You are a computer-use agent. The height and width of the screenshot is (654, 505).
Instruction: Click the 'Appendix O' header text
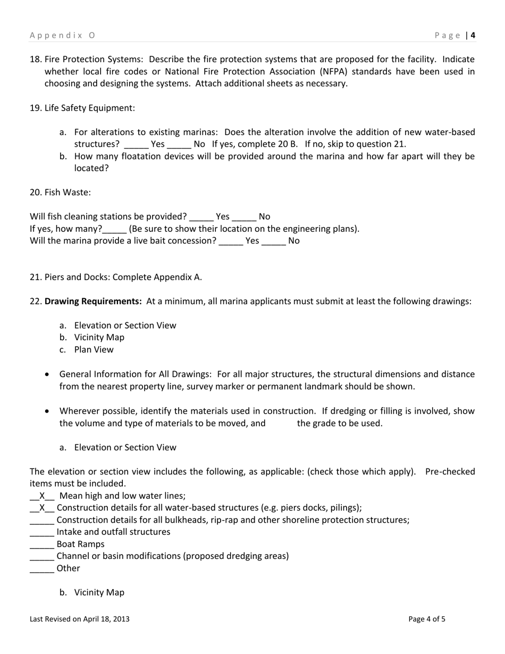point(62,36)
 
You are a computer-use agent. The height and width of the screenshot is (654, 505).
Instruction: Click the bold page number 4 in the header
point(473,36)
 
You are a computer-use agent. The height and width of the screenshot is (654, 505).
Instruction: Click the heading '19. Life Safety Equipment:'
point(82,108)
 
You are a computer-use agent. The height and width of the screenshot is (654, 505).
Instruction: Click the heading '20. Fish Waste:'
point(60,192)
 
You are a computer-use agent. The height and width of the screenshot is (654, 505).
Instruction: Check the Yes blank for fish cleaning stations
point(201,217)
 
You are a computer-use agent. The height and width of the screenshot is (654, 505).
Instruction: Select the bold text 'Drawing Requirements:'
point(93,301)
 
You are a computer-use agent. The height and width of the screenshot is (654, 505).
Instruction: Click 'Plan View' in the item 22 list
point(94,349)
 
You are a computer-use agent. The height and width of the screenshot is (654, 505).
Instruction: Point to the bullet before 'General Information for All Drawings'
point(48,374)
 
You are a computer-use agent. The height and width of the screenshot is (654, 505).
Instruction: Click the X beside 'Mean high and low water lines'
point(43,496)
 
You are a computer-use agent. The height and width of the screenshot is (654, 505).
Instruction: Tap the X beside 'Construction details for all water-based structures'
point(43,508)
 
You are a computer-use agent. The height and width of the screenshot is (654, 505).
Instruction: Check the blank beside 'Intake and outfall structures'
point(42,532)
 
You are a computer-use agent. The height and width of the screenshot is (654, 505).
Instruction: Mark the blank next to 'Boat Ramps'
point(42,544)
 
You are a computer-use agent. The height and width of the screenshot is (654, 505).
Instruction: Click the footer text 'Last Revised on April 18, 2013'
point(80,619)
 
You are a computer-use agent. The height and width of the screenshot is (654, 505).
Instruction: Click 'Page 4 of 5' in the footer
point(427,619)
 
